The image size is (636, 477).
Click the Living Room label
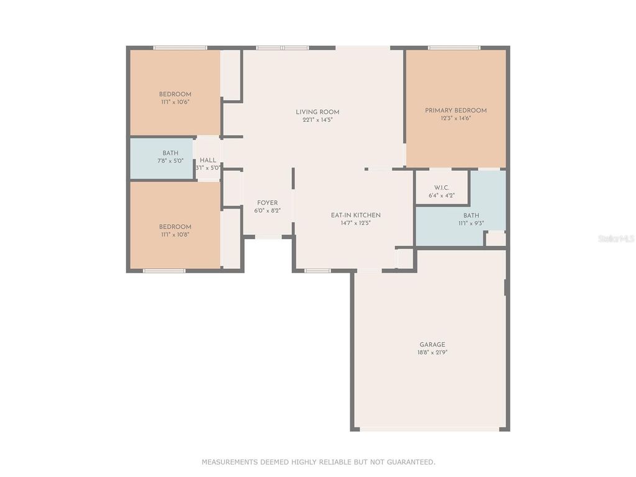click(317, 112)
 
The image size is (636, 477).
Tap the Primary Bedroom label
click(456, 111)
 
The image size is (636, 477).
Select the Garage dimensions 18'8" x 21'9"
click(432, 352)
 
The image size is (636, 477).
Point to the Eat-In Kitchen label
click(355, 216)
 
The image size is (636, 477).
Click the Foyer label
click(268, 203)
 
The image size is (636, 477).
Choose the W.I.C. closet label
click(442, 188)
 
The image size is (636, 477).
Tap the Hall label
click(208, 160)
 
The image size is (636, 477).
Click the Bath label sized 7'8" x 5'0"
click(170, 153)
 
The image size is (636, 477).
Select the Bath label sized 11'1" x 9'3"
click(471, 216)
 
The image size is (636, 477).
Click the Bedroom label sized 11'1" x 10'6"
click(175, 94)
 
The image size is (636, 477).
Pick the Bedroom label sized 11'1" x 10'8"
click(175, 227)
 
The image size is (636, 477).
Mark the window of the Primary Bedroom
click(454, 48)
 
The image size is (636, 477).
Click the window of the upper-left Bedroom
click(180, 48)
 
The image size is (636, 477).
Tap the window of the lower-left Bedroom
click(164, 271)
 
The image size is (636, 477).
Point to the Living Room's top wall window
click(283, 48)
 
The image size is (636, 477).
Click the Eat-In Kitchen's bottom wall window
click(317, 271)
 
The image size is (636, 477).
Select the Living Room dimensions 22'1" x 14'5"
click(317, 120)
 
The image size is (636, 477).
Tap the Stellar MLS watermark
click(616, 238)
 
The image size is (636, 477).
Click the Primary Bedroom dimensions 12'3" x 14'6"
click(456, 118)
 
